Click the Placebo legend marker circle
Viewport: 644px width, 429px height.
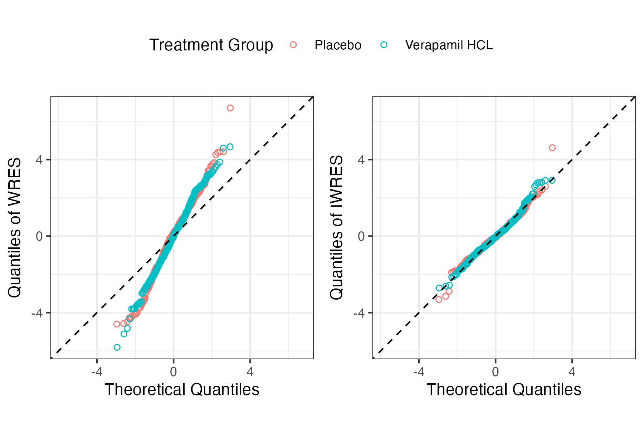pyautogui.click(x=293, y=45)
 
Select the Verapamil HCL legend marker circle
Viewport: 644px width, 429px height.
pyautogui.click(x=384, y=45)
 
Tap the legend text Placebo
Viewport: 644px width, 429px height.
pyautogui.click(x=338, y=45)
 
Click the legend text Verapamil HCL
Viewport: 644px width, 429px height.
pyautogui.click(x=449, y=45)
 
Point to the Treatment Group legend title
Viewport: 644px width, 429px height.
pyautogui.click(x=211, y=45)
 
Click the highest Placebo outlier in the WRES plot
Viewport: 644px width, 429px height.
pyautogui.click(x=230, y=108)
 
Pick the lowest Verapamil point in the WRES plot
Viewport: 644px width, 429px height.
pyautogui.click(x=117, y=347)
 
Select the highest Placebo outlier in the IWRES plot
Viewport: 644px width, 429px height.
pyautogui.click(x=552, y=148)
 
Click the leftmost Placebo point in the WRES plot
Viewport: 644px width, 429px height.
pyautogui.click(x=117, y=324)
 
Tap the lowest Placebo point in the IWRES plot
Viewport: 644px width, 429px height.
pyautogui.click(x=439, y=300)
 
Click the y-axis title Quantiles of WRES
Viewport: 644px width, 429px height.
pyautogui.click(x=15, y=228)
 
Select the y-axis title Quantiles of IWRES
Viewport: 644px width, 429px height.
pyautogui.click(x=337, y=228)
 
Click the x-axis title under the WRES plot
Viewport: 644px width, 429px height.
pyautogui.click(x=182, y=390)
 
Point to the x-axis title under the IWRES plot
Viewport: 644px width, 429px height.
pyautogui.click(x=504, y=390)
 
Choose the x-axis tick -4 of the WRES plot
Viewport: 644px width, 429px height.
pyautogui.click(x=97, y=372)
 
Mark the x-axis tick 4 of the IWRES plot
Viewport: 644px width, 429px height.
pyautogui.click(x=572, y=372)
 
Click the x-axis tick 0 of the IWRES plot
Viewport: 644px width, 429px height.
pyautogui.click(x=496, y=372)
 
